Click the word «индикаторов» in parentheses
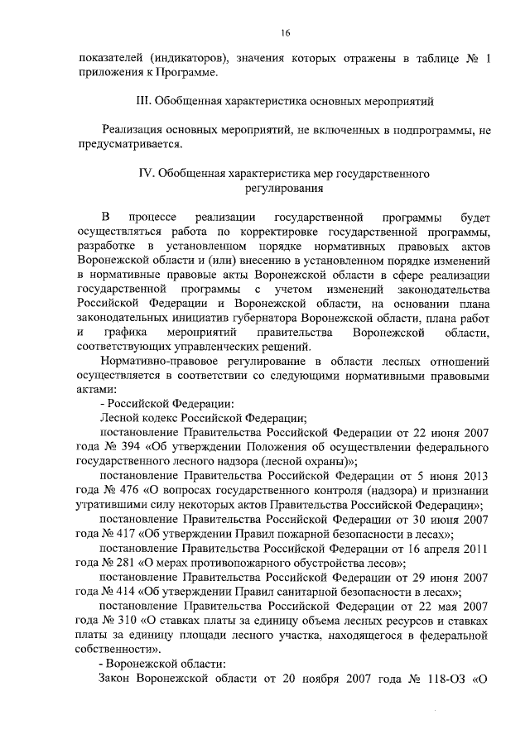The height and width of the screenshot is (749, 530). tap(187, 59)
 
